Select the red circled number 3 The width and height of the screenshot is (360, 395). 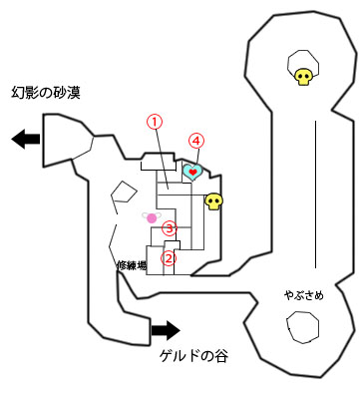[x=170, y=227]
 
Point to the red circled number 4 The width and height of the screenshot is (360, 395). [x=196, y=142]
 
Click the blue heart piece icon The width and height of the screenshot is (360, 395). [x=192, y=172]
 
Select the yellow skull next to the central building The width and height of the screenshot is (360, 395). [x=212, y=202]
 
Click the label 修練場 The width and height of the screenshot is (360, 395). [x=132, y=265]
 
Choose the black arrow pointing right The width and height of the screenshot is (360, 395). [x=166, y=329]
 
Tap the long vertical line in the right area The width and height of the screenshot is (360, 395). [x=316, y=194]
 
